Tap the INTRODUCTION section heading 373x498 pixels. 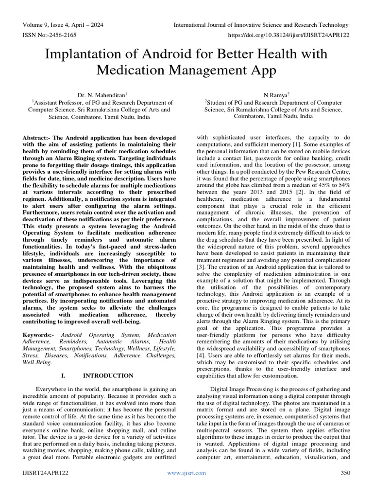(108, 375)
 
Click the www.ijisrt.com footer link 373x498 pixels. (186, 473)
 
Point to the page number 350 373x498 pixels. (345, 473)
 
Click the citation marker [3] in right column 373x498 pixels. (200, 267)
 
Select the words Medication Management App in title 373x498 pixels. (186, 71)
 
